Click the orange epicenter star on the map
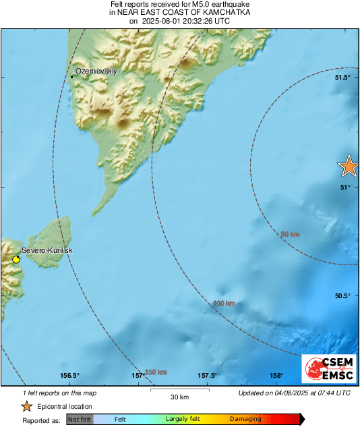(349, 165)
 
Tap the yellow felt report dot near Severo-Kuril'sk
(16, 259)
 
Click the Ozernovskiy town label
(96, 71)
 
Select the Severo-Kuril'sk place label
(47, 251)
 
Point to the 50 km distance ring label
(290, 234)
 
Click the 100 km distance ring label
(224, 304)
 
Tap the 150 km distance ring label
(156, 372)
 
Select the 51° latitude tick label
(344, 187)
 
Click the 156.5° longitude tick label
(70, 376)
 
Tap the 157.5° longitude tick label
(206, 376)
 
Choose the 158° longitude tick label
(276, 376)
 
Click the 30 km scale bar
(179, 391)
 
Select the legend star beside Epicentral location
(26, 406)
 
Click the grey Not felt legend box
(80, 419)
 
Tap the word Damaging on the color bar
(245, 419)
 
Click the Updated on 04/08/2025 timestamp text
(295, 393)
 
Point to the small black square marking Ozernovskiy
(71, 77)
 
